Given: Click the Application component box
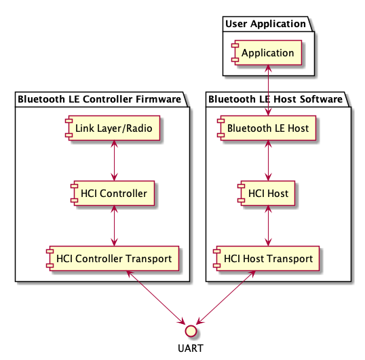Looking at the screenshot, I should click(269, 52).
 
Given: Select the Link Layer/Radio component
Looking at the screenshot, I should click(114, 127).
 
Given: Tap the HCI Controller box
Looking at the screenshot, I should click(114, 193).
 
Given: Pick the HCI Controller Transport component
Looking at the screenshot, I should click(114, 258).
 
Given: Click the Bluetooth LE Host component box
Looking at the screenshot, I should click(269, 127).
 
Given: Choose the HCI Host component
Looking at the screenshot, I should click(269, 193).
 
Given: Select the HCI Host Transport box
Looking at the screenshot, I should click(269, 258).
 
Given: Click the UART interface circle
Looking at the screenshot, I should click(191, 330).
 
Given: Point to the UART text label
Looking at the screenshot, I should click(191, 348).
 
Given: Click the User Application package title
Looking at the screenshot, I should click(265, 24).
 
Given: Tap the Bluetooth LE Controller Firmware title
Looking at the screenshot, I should click(99, 99).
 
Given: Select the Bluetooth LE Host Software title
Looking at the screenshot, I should click(275, 99).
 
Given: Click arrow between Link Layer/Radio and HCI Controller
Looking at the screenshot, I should click(114, 160).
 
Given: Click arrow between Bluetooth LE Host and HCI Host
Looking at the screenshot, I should click(269, 160).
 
